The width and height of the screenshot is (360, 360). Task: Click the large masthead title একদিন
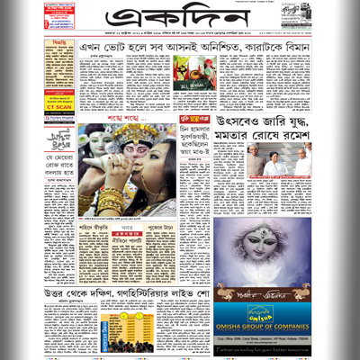coord(175,20)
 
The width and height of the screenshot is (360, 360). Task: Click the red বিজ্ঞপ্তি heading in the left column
coord(58,42)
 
